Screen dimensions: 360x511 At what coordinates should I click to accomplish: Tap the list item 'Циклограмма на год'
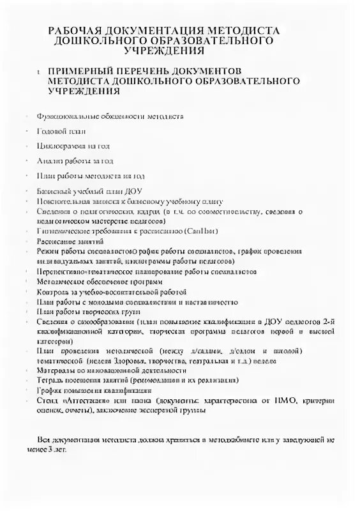coord(70,146)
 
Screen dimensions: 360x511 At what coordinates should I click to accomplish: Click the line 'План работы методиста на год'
coord(91,176)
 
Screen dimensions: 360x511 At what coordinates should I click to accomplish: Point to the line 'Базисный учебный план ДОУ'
coord(89,191)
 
